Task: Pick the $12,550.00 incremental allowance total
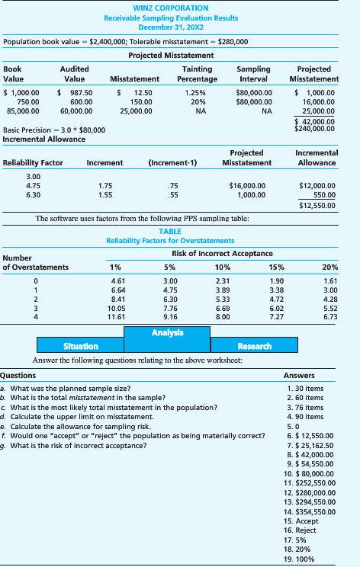point(318,204)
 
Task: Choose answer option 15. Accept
point(296,520)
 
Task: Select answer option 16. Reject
point(295,528)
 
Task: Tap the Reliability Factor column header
point(33,163)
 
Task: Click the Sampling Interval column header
point(253,73)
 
